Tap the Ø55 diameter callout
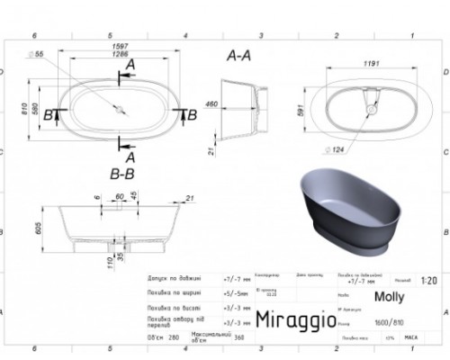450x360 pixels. click(64, 56)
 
